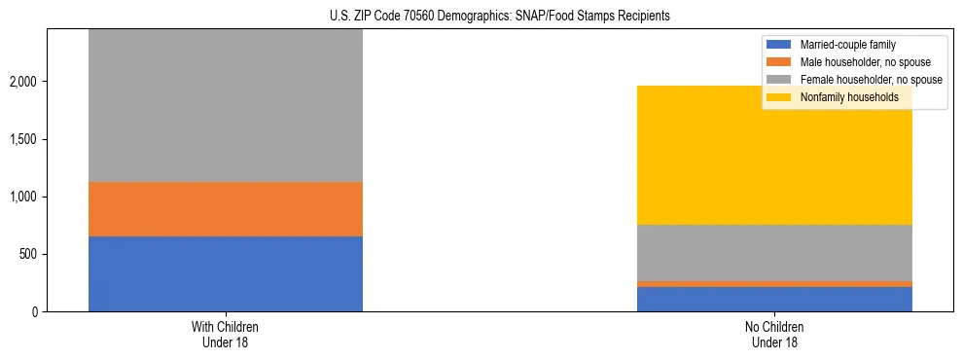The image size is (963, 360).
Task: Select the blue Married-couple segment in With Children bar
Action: (226, 273)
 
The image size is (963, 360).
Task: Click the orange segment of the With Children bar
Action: (226, 209)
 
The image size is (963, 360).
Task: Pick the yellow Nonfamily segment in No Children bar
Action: (774, 156)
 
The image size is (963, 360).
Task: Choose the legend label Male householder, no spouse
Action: (857, 62)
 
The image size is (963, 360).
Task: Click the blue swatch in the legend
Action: (779, 45)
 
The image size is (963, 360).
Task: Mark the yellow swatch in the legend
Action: (779, 97)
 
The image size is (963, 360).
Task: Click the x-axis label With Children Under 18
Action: (226, 335)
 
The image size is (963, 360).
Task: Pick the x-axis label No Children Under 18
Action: (774, 335)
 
